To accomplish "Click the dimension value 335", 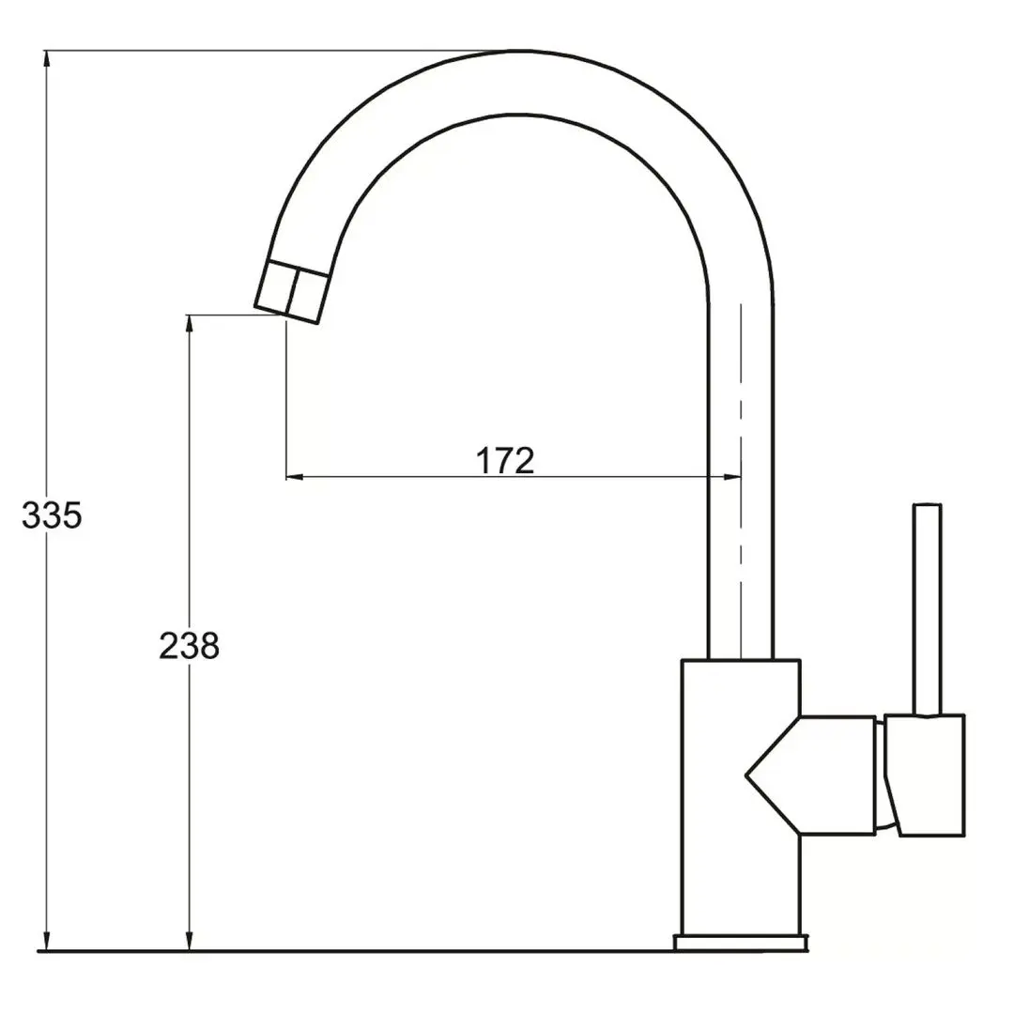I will (x=52, y=515).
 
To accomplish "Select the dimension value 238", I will (x=189, y=646).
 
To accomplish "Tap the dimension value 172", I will (x=505, y=461).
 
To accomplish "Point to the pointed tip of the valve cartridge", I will (x=748, y=776).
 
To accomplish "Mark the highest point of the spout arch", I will (x=515, y=52).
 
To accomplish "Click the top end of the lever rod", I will (x=928, y=508).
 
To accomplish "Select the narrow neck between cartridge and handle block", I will (x=881, y=775).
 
